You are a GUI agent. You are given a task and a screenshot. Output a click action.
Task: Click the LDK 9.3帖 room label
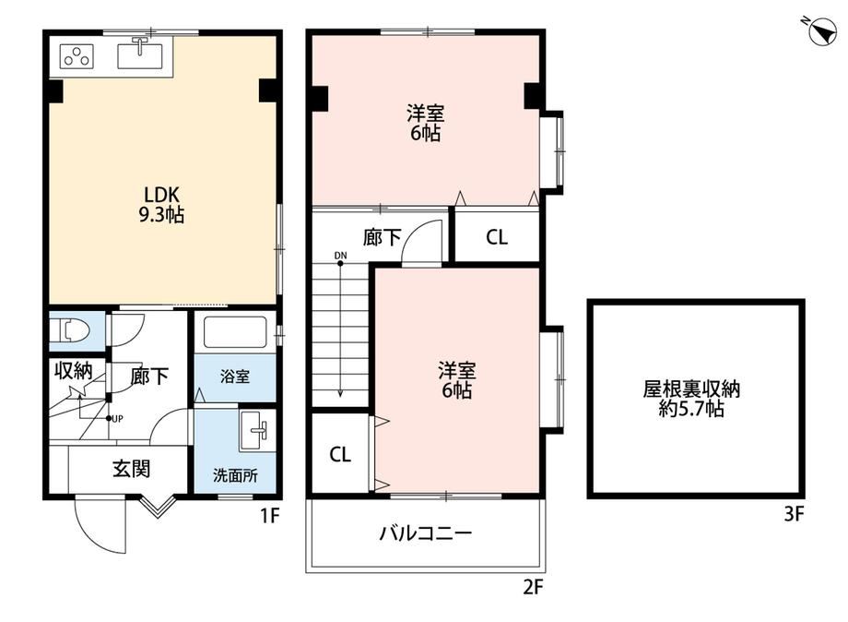click(x=161, y=205)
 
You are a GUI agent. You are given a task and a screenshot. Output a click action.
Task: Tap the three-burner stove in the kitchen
click(x=77, y=55)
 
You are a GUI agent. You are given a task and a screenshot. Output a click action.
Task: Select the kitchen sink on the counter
click(x=140, y=54)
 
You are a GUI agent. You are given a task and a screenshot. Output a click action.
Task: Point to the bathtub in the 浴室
click(x=235, y=332)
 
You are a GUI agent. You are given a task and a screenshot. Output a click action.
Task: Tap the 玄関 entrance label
click(x=132, y=469)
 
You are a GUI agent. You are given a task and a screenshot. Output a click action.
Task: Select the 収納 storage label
click(x=74, y=371)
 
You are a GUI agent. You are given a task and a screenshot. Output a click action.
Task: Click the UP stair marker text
click(x=117, y=418)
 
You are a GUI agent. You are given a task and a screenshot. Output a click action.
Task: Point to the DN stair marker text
click(x=341, y=256)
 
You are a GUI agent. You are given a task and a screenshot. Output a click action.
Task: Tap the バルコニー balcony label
click(x=426, y=533)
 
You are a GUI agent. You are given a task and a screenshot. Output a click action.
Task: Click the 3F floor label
click(x=795, y=513)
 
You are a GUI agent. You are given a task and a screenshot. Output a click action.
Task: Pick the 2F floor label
click(x=533, y=587)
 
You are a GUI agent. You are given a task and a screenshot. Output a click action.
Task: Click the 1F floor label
click(x=270, y=516)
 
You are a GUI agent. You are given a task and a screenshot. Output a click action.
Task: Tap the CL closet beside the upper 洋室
click(x=497, y=236)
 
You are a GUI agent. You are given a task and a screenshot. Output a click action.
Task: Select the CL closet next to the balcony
click(x=340, y=454)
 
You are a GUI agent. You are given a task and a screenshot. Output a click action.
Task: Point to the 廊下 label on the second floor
click(x=382, y=237)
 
